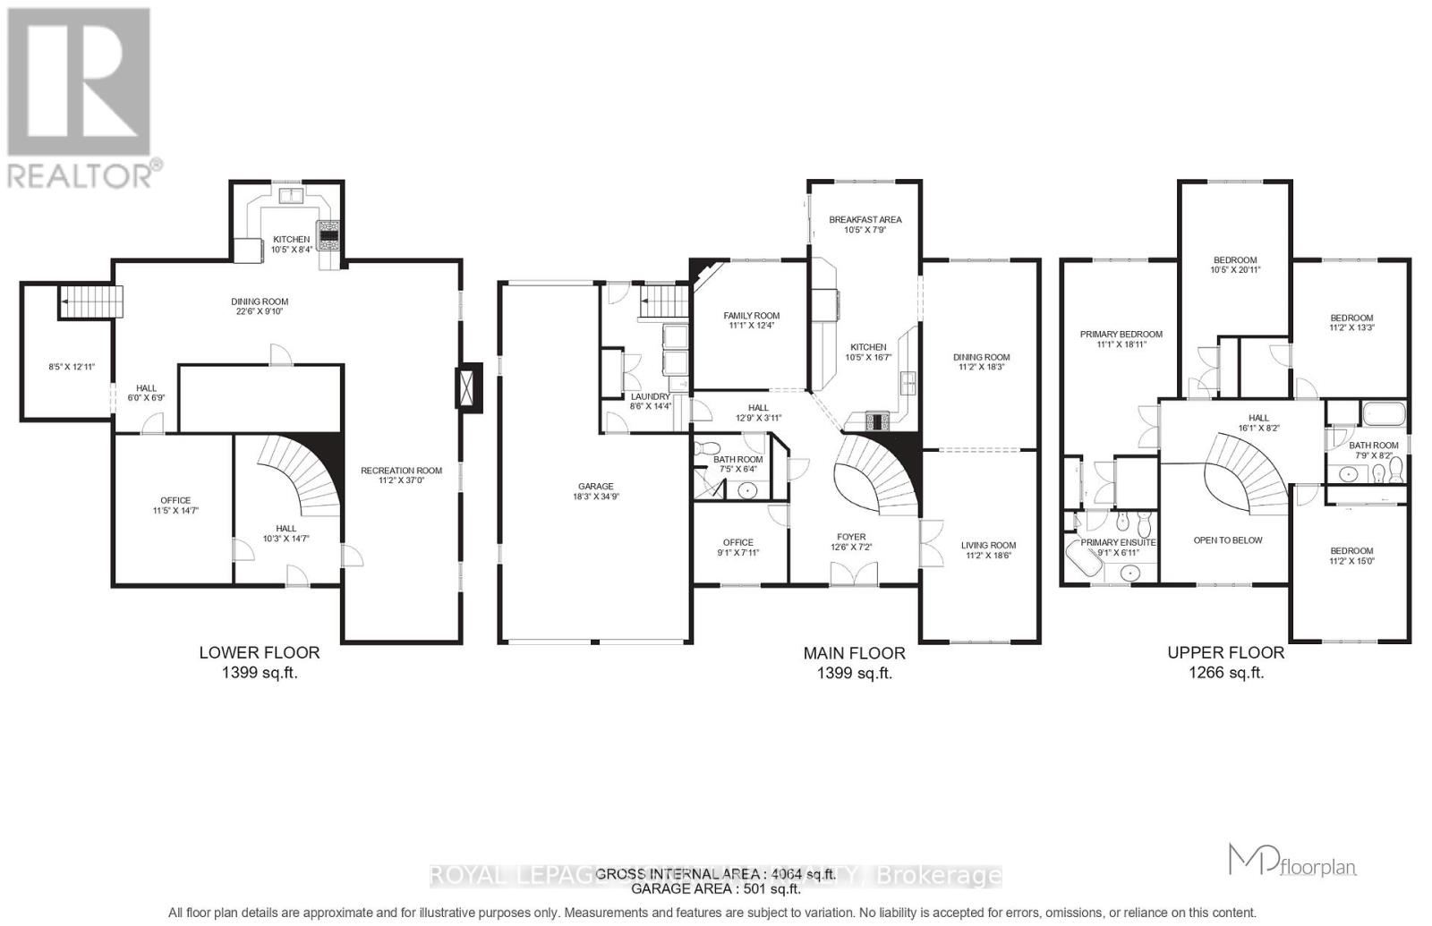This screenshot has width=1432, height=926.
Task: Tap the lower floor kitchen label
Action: [x=291, y=239]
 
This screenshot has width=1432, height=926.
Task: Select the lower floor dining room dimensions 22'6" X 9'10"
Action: [x=260, y=311]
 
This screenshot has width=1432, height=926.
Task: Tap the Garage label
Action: [x=595, y=487]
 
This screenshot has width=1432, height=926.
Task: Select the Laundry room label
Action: [x=650, y=396]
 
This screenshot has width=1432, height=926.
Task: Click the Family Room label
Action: [x=751, y=316]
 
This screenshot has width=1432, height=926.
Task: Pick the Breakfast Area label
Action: [x=865, y=219]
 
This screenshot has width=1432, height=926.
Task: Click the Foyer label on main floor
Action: [x=851, y=537]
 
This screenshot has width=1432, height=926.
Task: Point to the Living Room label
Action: [x=988, y=545]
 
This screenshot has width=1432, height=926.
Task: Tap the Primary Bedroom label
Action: [x=1121, y=335]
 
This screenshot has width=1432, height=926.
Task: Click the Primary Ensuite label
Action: [x=1118, y=542]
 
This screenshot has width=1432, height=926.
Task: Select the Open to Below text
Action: [x=1228, y=540]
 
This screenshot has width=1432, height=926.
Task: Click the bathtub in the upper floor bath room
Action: [x=1384, y=414]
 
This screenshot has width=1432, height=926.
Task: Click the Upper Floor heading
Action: [x=1225, y=653]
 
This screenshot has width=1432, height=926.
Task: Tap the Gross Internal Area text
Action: [x=715, y=874]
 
